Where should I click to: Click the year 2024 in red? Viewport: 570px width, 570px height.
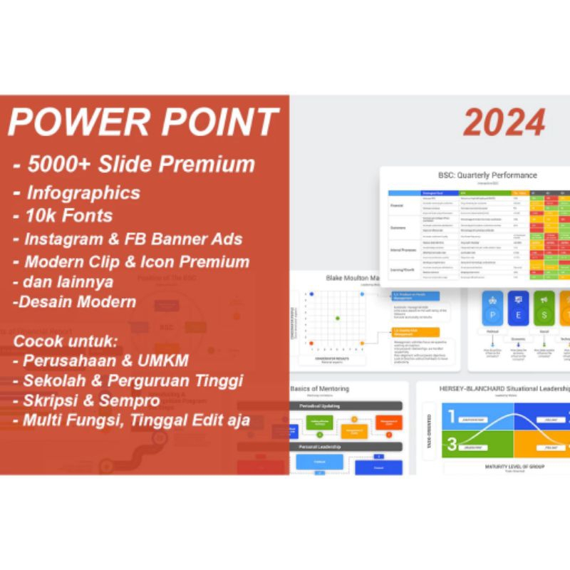pos(504,123)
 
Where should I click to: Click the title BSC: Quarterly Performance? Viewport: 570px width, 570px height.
pos(477,175)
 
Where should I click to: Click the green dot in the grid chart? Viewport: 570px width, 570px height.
pos(338,318)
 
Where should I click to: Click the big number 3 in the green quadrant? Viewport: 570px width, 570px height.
pos(451,445)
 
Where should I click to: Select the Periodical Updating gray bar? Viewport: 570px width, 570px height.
pos(346,405)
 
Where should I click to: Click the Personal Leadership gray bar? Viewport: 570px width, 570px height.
pos(346,447)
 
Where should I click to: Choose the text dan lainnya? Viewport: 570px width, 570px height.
pos(65,281)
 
